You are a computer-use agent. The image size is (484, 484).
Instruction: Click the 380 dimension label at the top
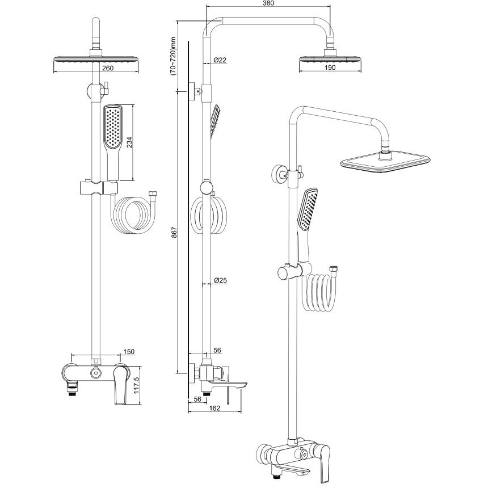tap(268, 3)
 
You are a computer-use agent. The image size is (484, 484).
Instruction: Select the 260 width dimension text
tap(107, 68)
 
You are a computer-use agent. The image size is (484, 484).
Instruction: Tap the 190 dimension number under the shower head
tap(330, 68)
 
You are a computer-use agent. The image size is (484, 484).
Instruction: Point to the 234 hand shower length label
tap(129, 142)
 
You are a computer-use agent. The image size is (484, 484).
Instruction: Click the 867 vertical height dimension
tap(174, 232)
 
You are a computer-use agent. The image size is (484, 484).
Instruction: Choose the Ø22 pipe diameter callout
tap(220, 60)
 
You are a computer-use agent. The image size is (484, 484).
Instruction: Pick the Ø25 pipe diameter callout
tap(220, 280)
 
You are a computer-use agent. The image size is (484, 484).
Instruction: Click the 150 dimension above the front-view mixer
tap(129, 352)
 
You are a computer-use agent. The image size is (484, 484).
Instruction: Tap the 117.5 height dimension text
tap(137, 385)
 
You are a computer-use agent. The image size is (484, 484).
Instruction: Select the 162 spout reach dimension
tap(214, 408)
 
